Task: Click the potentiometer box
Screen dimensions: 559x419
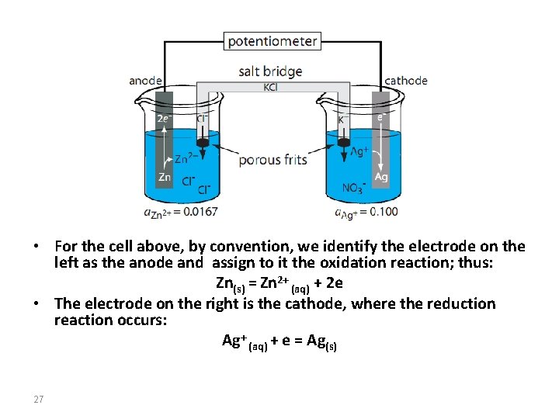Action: click(273, 41)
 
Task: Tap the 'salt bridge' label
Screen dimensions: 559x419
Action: click(270, 71)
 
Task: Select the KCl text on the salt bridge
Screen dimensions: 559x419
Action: click(270, 87)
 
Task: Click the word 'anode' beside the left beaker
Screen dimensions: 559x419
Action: click(145, 81)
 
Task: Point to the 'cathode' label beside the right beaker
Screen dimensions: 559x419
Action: click(406, 81)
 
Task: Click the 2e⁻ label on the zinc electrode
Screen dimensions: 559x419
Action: click(163, 118)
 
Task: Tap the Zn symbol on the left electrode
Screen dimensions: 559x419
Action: click(165, 177)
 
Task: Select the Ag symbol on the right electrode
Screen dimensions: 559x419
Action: click(380, 177)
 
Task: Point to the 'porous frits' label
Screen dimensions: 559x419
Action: click(273, 160)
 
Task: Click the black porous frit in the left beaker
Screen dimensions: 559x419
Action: click(203, 143)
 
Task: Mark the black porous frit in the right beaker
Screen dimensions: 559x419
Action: click(344, 143)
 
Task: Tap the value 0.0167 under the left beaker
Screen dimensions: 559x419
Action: click(200, 212)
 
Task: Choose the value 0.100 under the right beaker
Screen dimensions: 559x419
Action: click(384, 212)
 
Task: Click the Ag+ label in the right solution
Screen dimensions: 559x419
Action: click(359, 152)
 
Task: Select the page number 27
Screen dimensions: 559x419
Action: click(39, 399)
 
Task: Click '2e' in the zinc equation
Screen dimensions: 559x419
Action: click(335, 283)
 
